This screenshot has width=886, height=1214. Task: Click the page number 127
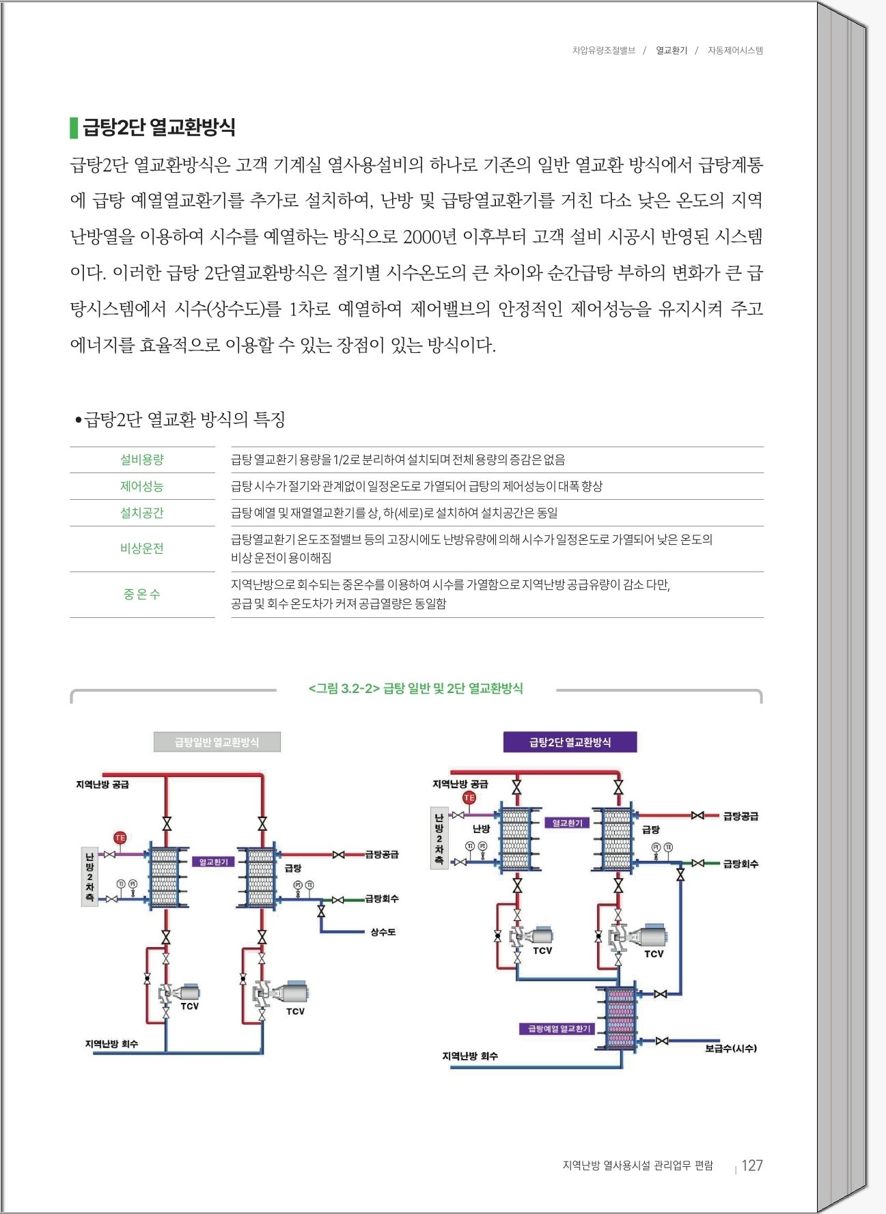pyautogui.click(x=751, y=1166)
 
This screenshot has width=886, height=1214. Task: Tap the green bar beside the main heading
pyautogui.click(x=73, y=128)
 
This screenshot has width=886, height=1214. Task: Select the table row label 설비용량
pyautogui.click(x=142, y=460)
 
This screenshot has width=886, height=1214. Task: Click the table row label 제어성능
pyautogui.click(x=142, y=486)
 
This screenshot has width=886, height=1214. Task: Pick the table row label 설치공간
pyautogui.click(x=142, y=513)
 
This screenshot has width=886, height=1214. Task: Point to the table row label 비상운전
pyautogui.click(x=142, y=548)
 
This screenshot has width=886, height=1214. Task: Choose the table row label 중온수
pyautogui.click(x=142, y=594)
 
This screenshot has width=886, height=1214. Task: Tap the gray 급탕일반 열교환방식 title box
pyautogui.click(x=217, y=742)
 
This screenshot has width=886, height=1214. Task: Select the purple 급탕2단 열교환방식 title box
pyautogui.click(x=570, y=742)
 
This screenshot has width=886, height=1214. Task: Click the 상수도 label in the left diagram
pyautogui.click(x=383, y=932)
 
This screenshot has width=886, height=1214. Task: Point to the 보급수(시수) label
pyautogui.click(x=730, y=1048)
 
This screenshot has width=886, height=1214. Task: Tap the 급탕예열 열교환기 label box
pyautogui.click(x=557, y=1029)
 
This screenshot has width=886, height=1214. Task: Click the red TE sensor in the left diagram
pyautogui.click(x=120, y=838)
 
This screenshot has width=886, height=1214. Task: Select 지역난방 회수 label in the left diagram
pyautogui.click(x=111, y=1044)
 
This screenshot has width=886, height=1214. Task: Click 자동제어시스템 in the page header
pyautogui.click(x=735, y=51)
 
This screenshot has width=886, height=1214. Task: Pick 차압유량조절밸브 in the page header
pyautogui.click(x=603, y=51)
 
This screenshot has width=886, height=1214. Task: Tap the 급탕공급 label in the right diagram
pyautogui.click(x=740, y=816)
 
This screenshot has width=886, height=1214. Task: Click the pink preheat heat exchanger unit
pyautogui.click(x=620, y=1017)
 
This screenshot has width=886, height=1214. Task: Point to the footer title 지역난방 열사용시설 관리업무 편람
pyautogui.click(x=637, y=1166)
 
